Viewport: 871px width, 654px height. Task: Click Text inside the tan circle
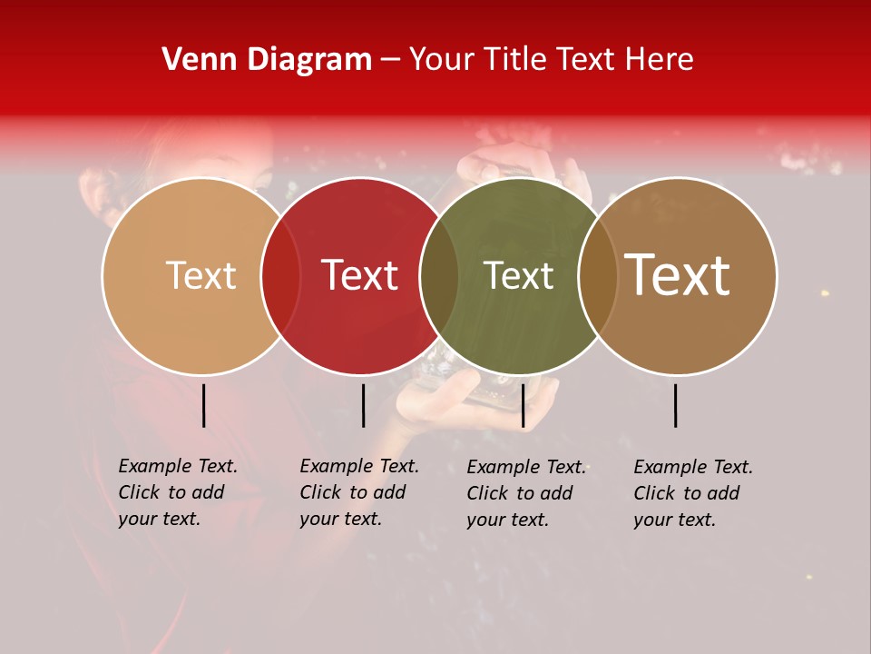pos(201,276)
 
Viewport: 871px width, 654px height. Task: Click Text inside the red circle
pos(360,276)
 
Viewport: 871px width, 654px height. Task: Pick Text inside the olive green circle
pos(518,276)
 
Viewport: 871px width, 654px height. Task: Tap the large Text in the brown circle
pos(678,275)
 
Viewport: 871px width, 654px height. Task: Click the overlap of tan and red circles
pos(280,276)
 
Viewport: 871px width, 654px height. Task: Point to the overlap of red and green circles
pos(439,276)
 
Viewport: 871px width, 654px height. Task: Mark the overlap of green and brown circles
pos(598,276)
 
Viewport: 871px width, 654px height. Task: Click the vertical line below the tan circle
pos(204,405)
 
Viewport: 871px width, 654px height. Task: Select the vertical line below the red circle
pos(363,405)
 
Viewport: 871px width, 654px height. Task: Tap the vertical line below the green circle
pos(523,405)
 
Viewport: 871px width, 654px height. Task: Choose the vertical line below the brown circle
pos(676,405)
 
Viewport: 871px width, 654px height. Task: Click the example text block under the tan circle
pos(178,492)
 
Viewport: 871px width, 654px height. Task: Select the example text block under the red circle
pos(359,492)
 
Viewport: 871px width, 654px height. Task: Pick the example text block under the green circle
pos(526,493)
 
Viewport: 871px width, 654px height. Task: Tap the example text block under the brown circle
pos(693,493)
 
